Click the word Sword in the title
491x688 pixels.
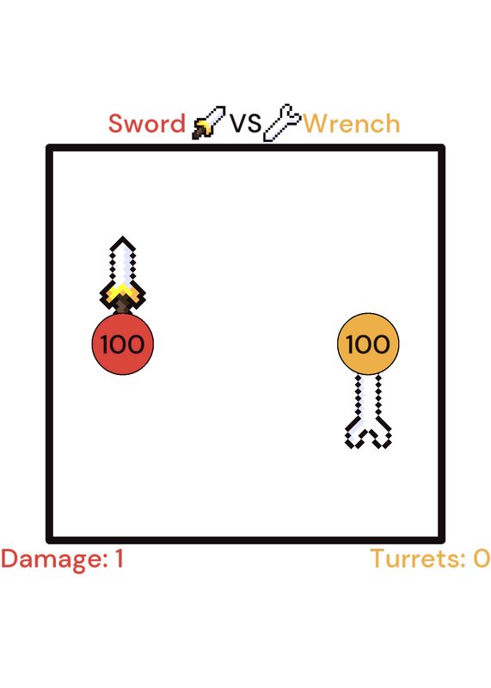tap(147, 124)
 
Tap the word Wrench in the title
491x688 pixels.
tap(352, 124)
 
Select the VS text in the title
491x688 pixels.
tap(246, 124)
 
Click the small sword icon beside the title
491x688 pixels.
tap(209, 122)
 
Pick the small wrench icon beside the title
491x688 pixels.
tap(282, 123)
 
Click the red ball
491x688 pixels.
tap(122, 344)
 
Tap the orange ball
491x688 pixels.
tap(368, 344)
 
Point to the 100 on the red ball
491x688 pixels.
tap(122, 345)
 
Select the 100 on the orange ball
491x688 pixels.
tap(368, 345)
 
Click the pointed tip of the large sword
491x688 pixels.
tap(122, 237)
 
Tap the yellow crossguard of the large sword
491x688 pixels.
tap(122, 293)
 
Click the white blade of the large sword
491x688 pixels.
tap(122, 262)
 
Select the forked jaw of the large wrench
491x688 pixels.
tap(368, 433)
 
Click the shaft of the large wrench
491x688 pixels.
tap(368, 396)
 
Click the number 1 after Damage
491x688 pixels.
tap(119, 559)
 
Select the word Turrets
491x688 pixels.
tap(418, 559)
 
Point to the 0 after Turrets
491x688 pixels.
tap(482, 559)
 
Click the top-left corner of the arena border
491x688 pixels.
tap(49, 147)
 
